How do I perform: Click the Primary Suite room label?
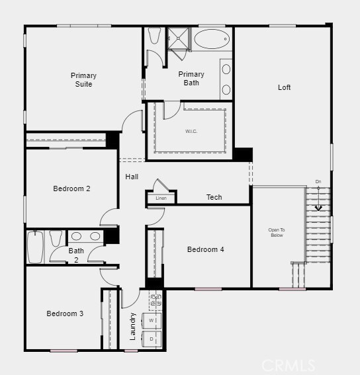coord(83,79)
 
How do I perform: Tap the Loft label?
coord(284,87)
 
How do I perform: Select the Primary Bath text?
coord(191,78)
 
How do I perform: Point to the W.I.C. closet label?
coord(191,131)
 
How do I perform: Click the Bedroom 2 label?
coord(71,188)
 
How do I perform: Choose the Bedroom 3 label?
coord(65,313)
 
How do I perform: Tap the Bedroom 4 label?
coord(205,249)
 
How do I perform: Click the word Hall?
coord(132,177)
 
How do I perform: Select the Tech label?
coord(214,197)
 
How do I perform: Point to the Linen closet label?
coord(161,198)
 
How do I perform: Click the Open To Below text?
coord(276,232)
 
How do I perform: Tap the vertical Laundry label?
coord(133,326)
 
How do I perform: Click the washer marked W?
coord(152,321)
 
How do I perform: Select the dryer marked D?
coord(152,339)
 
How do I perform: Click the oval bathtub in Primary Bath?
coord(212,39)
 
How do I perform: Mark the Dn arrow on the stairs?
coord(318,205)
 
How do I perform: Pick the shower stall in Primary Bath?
coord(177,39)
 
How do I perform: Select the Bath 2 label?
coord(76,255)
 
